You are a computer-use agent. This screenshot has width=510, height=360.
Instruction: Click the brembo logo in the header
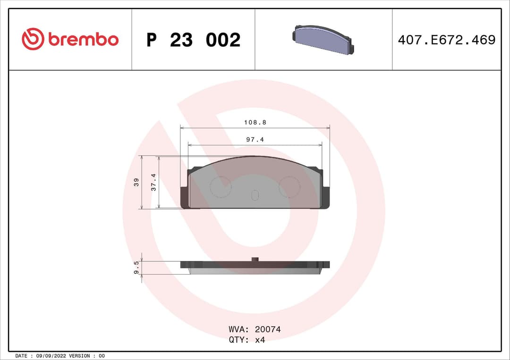click(70, 40)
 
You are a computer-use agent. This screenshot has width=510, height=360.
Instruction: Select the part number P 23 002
click(193, 40)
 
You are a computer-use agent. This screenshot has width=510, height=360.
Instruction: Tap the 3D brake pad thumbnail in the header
click(323, 40)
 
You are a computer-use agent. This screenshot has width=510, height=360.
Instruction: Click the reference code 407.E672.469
click(446, 40)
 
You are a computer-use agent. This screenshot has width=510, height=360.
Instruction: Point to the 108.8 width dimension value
click(255, 122)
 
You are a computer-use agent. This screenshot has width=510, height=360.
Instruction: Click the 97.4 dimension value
click(255, 140)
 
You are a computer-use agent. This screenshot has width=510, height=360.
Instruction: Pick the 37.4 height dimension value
click(153, 182)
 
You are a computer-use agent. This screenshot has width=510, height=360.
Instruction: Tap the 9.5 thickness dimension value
click(136, 268)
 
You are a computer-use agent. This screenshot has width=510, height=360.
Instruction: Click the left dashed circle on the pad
click(220, 186)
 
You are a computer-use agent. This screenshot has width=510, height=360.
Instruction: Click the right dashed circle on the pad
click(289, 186)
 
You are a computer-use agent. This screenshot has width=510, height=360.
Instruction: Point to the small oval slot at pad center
click(255, 195)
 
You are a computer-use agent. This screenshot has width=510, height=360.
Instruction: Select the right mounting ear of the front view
click(325, 197)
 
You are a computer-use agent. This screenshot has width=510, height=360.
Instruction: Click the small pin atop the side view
click(255, 259)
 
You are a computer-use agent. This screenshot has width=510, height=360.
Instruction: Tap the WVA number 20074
click(267, 329)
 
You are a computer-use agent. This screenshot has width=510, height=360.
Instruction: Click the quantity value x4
click(260, 340)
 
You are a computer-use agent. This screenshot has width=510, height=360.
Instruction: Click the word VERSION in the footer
click(80, 356)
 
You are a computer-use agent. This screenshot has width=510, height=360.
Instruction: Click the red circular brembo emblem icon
click(33, 40)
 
